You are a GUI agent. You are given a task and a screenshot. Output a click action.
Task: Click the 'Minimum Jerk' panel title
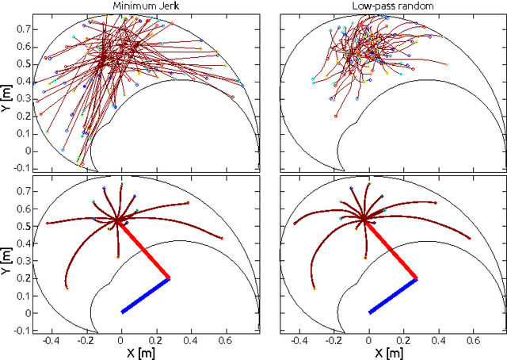[145, 6]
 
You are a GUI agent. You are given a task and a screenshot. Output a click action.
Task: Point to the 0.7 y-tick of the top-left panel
[23, 29]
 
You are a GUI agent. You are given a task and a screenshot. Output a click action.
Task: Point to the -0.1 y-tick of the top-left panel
[21, 168]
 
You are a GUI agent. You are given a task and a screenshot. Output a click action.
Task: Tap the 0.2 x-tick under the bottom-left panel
[155, 339]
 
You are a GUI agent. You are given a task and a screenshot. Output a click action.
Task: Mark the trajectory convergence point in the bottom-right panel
[364, 217]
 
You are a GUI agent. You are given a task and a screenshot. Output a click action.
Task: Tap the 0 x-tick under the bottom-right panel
[368, 339]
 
